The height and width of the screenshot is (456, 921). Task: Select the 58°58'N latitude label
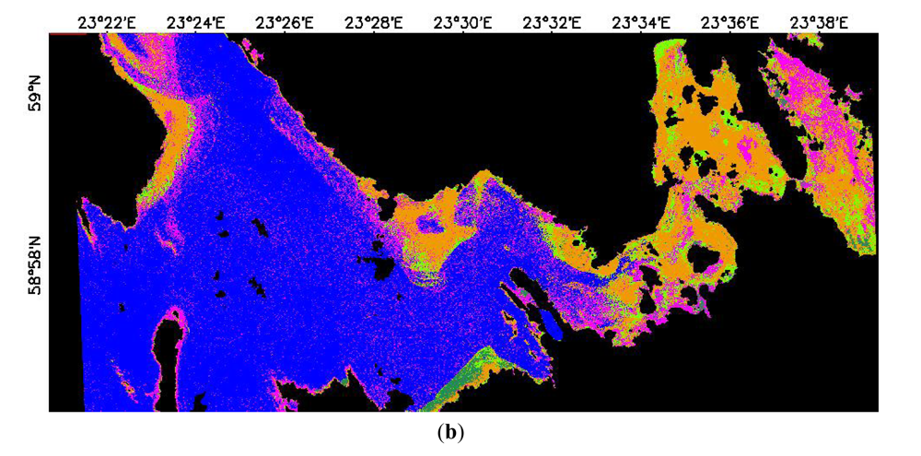point(35,263)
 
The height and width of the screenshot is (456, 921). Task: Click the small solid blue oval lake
point(548,323)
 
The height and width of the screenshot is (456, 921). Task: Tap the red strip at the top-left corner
point(61,33)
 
